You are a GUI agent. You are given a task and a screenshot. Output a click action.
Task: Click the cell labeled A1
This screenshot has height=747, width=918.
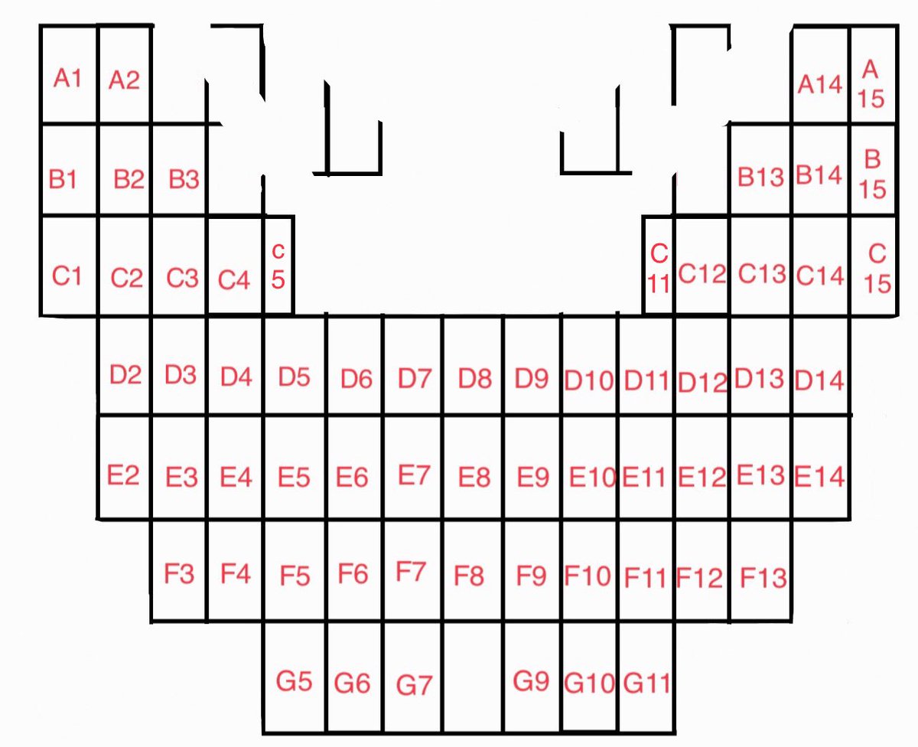pyautogui.click(x=68, y=77)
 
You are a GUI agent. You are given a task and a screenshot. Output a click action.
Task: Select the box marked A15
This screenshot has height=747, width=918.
pyautogui.click(x=872, y=84)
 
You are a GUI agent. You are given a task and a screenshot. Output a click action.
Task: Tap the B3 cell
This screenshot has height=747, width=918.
pyautogui.click(x=184, y=180)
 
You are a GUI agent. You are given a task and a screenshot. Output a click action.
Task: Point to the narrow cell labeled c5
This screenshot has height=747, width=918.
pyautogui.click(x=278, y=266)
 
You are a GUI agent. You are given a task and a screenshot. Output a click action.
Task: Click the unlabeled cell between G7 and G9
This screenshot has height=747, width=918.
pyautogui.click(x=473, y=677)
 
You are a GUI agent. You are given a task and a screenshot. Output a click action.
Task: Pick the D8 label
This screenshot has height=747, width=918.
pyautogui.click(x=474, y=378)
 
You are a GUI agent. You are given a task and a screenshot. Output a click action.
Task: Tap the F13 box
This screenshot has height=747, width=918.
pyautogui.click(x=763, y=576)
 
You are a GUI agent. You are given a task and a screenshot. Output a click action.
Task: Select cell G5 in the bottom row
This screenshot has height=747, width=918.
pyautogui.click(x=295, y=680)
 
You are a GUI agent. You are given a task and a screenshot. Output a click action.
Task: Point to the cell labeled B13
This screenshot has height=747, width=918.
pyautogui.click(x=760, y=178)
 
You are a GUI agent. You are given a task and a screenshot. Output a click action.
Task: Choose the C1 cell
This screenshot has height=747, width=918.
pyautogui.click(x=68, y=276)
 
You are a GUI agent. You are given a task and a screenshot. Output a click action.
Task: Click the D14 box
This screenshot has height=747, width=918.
pyautogui.click(x=820, y=380)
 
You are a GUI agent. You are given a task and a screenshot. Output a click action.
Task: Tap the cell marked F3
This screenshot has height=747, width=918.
pyautogui.click(x=179, y=573)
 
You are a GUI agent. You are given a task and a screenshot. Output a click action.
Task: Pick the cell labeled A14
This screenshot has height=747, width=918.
pyautogui.click(x=820, y=83)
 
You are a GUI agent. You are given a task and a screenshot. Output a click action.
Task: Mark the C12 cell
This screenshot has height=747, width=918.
pyautogui.click(x=702, y=274)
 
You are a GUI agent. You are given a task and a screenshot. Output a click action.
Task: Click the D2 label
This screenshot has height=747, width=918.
pyautogui.click(x=125, y=375)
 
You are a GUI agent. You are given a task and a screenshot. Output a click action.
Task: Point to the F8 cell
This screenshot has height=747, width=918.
pyautogui.click(x=470, y=575)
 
